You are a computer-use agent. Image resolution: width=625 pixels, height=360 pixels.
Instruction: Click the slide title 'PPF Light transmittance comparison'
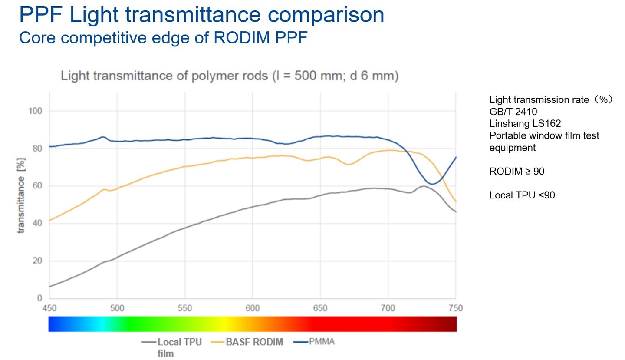(x=201, y=15)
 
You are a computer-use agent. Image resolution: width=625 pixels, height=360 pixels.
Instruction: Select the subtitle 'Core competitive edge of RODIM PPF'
(x=163, y=38)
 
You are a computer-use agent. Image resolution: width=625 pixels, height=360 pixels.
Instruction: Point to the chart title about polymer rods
(x=230, y=76)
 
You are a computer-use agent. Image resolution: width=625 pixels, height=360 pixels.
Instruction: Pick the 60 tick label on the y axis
(x=37, y=186)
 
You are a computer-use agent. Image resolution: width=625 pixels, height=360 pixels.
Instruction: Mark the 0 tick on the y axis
(x=39, y=298)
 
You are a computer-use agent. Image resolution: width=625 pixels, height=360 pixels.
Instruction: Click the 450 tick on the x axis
(x=49, y=308)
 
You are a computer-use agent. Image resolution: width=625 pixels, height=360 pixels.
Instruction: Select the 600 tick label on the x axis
(x=253, y=308)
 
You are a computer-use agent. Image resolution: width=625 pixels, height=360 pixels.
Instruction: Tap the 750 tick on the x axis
(x=456, y=308)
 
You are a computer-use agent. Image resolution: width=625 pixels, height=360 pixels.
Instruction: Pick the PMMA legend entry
(x=321, y=342)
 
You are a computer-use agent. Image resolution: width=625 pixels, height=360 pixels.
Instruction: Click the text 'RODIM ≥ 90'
(x=516, y=172)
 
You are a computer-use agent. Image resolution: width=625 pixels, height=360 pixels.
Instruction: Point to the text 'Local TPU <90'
(x=522, y=195)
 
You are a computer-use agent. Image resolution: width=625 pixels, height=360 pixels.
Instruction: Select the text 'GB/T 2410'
(x=513, y=112)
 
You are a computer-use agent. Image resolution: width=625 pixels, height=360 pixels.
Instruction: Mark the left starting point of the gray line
(x=49, y=287)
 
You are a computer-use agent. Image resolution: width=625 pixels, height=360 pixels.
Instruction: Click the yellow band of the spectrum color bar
(x=224, y=324)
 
